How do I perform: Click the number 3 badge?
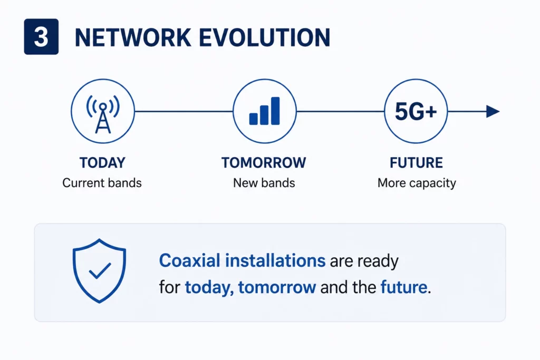tap(41, 37)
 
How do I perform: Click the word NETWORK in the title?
tap(133, 37)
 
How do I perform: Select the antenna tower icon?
tap(103, 113)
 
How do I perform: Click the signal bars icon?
tap(265, 111)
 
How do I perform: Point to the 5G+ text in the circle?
tap(416, 112)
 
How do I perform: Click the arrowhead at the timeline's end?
tap(493, 112)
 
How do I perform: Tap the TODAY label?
tap(102, 163)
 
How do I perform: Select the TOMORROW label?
tap(264, 163)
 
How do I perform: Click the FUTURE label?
tap(416, 163)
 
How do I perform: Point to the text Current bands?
tap(102, 183)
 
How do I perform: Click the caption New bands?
tap(264, 183)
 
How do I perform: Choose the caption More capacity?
tap(417, 183)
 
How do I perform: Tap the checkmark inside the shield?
tap(100, 270)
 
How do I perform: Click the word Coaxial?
tap(190, 260)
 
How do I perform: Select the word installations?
tap(275, 260)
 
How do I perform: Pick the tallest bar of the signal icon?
tap(275, 111)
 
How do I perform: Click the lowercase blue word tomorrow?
tap(277, 287)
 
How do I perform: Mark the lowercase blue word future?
tap(403, 287)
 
